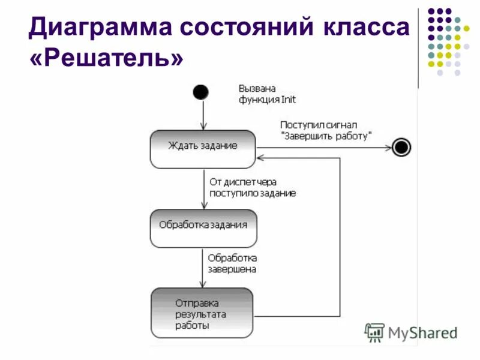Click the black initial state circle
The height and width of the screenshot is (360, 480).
coord(200,92)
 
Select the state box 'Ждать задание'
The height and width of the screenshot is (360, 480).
coord(203,148)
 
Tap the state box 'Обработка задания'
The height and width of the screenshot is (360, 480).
coord(203,228)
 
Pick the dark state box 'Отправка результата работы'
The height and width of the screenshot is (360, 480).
coord(202,313)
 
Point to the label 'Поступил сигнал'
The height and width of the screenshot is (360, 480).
coord(319,125)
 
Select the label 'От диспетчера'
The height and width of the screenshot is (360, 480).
coord(243,182)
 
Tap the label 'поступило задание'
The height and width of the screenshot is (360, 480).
coord(252,193)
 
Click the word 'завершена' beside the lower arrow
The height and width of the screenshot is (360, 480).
coord(232,269)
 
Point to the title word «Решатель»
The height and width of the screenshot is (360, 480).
coord(105,59)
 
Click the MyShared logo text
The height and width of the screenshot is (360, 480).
coord(422,332)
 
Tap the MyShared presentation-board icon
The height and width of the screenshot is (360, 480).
coord(374,332)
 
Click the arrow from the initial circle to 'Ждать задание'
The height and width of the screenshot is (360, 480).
coord(203,114)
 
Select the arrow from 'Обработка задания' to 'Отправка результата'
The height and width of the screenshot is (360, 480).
coord(203,268)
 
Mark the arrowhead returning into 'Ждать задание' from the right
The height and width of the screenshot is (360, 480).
coord(260,158)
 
